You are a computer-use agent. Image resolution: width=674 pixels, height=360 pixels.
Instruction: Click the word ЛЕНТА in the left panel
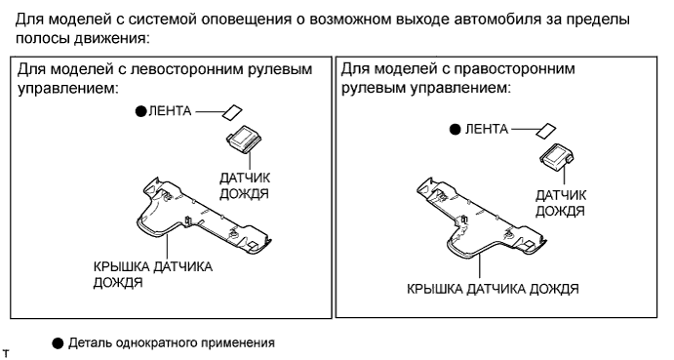click(170, 111)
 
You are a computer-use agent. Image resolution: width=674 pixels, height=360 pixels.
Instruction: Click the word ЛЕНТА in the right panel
click(487, 129)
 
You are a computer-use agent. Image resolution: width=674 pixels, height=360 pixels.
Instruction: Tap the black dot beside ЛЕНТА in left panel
click(141, 111)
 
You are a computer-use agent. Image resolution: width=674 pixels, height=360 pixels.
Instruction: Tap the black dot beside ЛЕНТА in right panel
click(455, 129)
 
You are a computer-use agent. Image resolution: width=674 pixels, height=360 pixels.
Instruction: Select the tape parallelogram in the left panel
click(232, 112)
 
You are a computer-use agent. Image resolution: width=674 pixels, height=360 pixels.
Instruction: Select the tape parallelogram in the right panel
click(546, 130)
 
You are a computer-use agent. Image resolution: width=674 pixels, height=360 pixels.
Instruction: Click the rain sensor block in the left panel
click(244, 139)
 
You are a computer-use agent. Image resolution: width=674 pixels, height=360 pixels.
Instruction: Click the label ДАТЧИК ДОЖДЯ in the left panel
click(245, 185)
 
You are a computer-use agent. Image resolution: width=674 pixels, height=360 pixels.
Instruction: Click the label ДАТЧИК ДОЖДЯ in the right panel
click(561, 203)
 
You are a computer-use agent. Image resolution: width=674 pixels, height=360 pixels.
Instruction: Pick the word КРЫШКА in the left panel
click(121, 266)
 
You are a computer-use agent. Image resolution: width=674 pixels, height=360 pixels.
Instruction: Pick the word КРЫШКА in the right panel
click(435, 289)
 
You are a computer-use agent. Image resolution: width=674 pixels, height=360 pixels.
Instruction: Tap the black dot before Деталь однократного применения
click(58, 343)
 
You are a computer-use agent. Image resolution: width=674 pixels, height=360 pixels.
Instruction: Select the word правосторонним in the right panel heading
click(515, 69)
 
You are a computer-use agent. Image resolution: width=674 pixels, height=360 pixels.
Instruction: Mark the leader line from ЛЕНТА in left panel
click(210, 112)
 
